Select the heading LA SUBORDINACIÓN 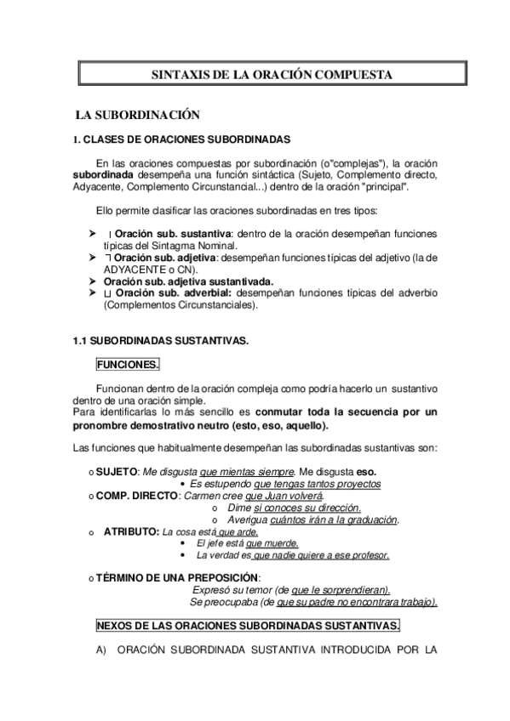coord(137,114)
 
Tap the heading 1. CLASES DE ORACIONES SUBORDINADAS coord(182,139)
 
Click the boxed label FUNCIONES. coord(127,364)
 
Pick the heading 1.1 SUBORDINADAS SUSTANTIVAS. coord(161,340)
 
